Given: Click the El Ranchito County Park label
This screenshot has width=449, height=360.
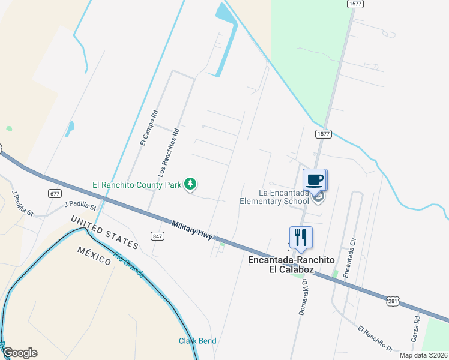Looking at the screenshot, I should point(136,185).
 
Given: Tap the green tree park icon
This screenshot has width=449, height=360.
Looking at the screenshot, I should point(190,184).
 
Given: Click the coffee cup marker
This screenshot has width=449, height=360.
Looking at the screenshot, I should point(315,179).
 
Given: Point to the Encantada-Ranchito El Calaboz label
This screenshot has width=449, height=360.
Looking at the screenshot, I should point(288,264).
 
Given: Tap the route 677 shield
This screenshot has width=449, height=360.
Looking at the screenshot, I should point(55,193).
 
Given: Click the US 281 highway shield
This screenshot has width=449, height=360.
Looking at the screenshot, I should point(392,301).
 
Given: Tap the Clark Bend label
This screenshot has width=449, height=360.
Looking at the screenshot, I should point(197,341).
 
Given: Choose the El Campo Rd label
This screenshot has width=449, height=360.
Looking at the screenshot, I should point(148,127).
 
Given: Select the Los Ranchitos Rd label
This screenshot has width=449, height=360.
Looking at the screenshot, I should point(169,154).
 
